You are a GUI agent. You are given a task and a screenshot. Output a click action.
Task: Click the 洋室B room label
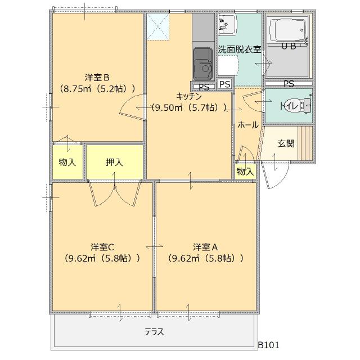97,77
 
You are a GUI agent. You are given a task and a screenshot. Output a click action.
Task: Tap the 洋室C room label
102,247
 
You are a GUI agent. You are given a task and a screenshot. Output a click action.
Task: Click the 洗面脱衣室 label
240,49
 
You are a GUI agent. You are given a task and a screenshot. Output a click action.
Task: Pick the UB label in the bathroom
289,47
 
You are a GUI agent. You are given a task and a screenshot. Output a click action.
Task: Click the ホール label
248,125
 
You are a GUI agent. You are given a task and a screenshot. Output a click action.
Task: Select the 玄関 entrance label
286,143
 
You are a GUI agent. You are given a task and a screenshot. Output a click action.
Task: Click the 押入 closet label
114,162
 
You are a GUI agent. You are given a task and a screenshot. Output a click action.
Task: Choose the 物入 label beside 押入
67,162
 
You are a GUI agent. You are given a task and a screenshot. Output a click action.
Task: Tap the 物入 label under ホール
245,171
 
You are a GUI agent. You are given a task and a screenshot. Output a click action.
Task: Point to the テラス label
154,332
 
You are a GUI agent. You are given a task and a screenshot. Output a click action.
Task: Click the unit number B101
268,345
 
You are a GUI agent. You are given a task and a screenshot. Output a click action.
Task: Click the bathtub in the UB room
287,28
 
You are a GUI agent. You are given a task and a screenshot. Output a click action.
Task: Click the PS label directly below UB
289,84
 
